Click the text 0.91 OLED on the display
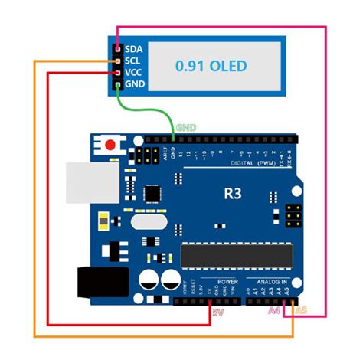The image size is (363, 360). coord(211,66)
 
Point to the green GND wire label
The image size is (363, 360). coord(186,127)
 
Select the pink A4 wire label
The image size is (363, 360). coord(274,312)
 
